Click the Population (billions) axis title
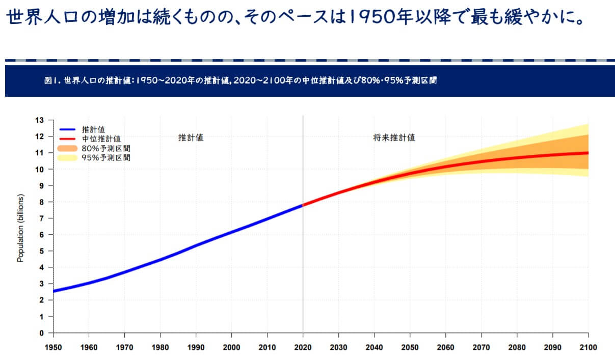point(20,228)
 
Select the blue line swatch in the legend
point(68,129)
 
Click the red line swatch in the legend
point(68,139)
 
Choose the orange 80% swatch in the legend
point(68,148)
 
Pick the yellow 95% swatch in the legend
point(68,158)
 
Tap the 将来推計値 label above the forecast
point(394,137)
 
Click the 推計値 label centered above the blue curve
point(191,137)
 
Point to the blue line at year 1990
point(196,245)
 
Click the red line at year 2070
point(481,161)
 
